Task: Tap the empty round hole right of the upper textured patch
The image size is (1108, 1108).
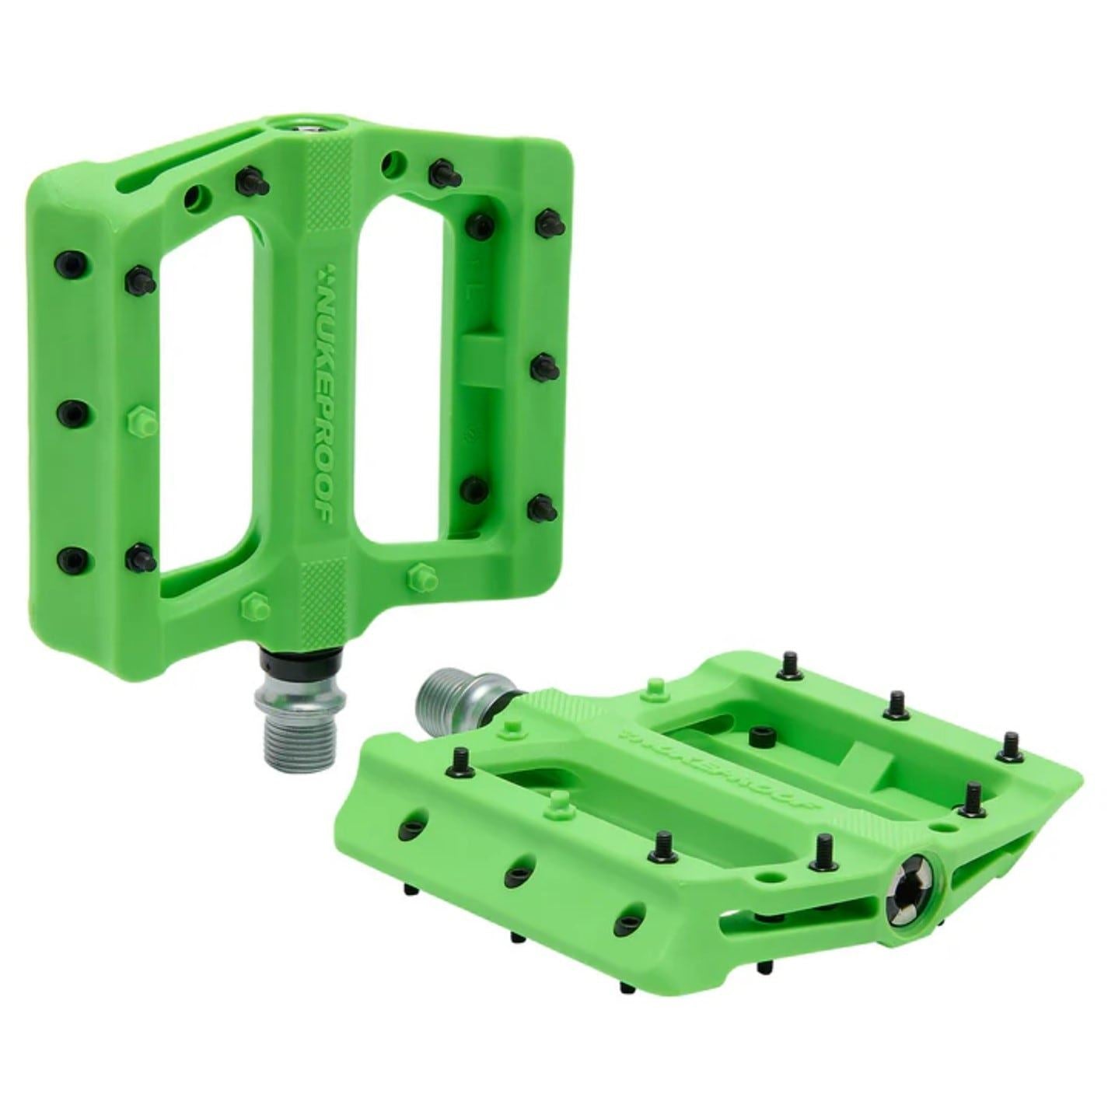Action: click(x=395, y=163)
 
